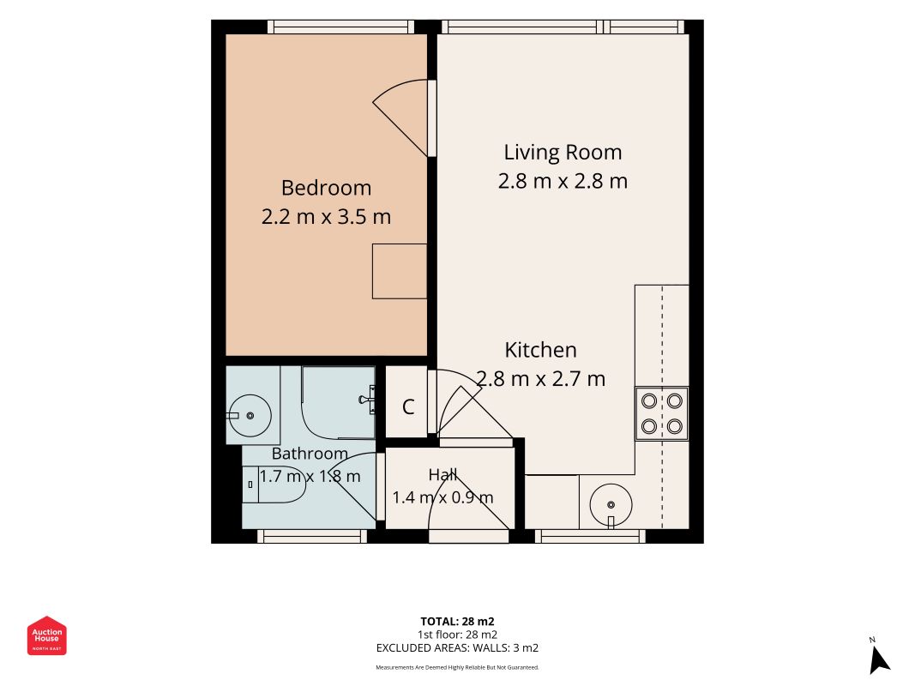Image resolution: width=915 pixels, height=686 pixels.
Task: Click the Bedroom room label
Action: (x=326, y=188)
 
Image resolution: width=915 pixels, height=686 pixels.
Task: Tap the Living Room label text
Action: (x=563, y=153)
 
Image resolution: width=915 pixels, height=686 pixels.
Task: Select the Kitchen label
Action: (x=540, y=350)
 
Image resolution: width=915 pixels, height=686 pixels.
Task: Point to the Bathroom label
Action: (x=310, y=454)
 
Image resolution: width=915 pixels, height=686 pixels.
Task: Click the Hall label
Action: (x=442, y=475)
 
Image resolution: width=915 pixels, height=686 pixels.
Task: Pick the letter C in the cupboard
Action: (x=408, y=406)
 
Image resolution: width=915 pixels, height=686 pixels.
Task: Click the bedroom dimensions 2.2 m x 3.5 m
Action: (x=326, y=217)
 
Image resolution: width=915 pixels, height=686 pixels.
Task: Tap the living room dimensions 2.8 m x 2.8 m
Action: (x=563, y=181)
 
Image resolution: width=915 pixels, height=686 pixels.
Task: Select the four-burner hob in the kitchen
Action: (x=662, y=413)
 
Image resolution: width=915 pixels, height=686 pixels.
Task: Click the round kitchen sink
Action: (x=611, y=505)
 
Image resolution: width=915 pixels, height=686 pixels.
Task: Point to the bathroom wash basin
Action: (x=250, y=416)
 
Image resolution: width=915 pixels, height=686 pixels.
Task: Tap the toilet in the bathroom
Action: (x=274, y=484)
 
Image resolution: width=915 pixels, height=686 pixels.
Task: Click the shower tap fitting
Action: (x=368, y=400)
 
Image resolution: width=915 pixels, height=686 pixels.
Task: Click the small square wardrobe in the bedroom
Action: (x=400, y=271)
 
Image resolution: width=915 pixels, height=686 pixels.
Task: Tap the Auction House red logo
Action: (x=46, y=635)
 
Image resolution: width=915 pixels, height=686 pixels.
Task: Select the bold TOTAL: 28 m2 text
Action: (x=458, y=622)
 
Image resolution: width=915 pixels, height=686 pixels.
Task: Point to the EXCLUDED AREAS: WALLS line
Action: (x=458, y=648)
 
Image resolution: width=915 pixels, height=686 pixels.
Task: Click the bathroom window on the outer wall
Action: (x=312, y=536)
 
